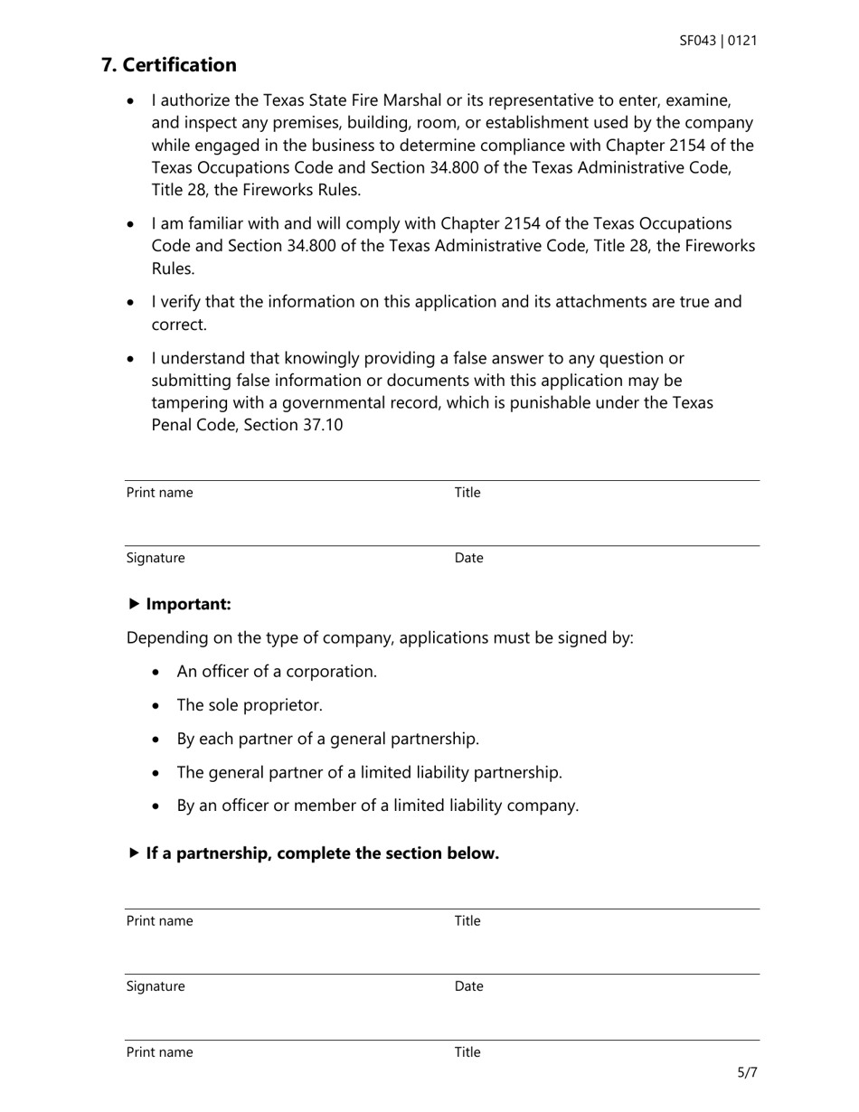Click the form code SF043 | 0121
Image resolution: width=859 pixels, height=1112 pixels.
tap(718, 41)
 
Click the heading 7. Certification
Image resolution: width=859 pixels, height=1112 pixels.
tap(169, 65)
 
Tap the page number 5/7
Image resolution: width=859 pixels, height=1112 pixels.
tap(747, 1073)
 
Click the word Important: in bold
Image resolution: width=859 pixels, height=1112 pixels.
tap(188, 604)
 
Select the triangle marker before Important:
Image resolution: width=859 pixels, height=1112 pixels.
tap(135, 604)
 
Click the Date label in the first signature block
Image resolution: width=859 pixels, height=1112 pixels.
tap(468, 558)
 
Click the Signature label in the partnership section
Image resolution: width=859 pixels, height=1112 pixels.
tap(156, 986)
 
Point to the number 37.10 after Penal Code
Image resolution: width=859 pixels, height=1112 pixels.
tap(321, 424)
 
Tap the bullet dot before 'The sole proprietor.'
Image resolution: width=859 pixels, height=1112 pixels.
tap(158, 706)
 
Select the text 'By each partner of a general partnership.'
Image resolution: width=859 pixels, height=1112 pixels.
tap(327, 739)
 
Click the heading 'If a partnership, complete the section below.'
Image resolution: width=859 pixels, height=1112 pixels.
tap(322, 853)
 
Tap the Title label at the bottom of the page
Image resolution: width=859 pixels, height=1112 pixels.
tap(467, 1052)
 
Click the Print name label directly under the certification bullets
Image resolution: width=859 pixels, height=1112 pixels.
tap(159, 493)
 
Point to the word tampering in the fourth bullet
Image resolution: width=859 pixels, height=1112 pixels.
tap(189, 402)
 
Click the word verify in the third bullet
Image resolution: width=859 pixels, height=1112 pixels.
tap(181, 301)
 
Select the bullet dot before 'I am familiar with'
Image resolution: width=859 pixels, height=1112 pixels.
tap(133, 224)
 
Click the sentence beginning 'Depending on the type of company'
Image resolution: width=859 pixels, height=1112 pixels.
tap(380, 637)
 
